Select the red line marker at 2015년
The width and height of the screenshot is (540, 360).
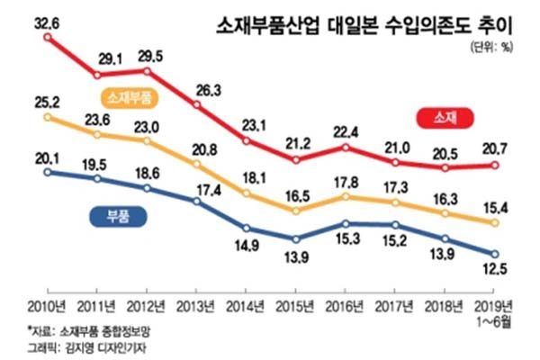click(x=295, y=160)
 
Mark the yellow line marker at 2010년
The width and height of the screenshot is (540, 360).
click(x=46, y=117)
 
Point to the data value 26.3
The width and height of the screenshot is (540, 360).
click(x=197, y=89)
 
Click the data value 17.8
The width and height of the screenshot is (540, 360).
click(x=346, y=184)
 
